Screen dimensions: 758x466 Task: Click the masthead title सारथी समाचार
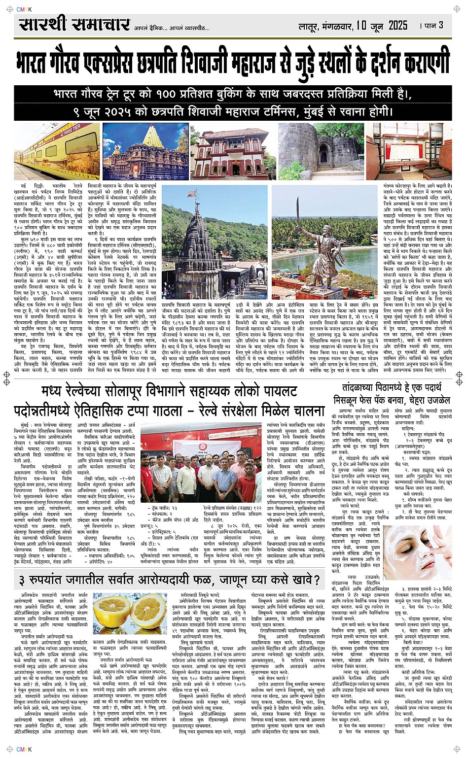tap(74, 25)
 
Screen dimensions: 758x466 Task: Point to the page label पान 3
tap(433, 25)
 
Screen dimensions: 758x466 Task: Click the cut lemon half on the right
tap(148, 611)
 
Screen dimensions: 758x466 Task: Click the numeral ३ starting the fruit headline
tap(22, 580)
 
